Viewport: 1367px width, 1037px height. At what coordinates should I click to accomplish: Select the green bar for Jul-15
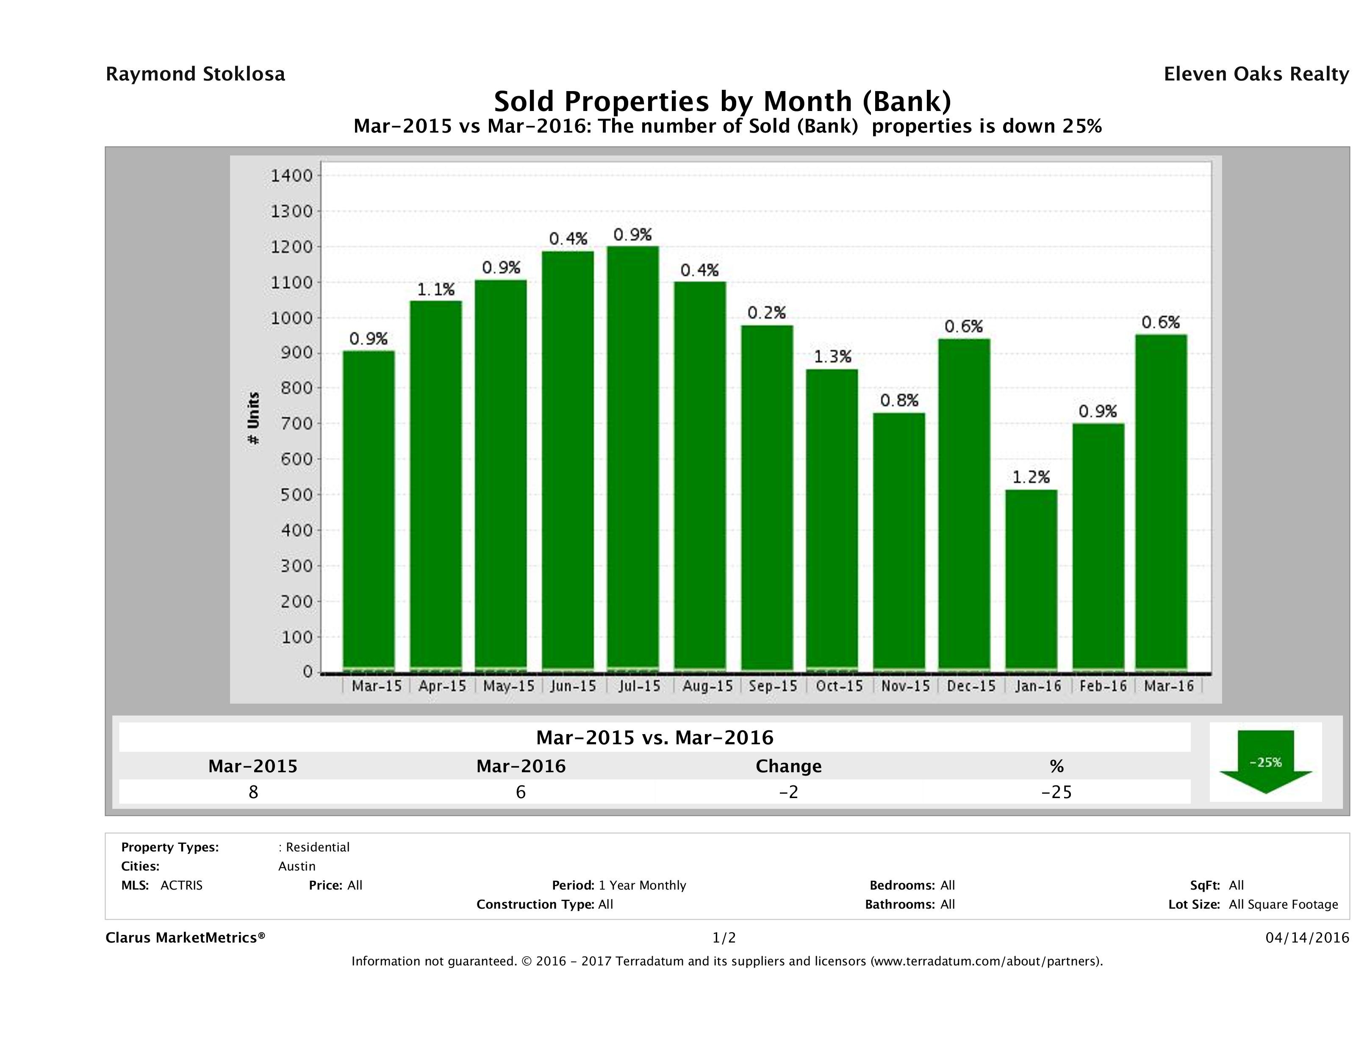pos(633,457)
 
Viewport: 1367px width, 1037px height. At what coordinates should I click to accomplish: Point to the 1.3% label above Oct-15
pos(832,357)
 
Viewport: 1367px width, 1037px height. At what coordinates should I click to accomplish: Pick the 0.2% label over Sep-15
pos(766,313)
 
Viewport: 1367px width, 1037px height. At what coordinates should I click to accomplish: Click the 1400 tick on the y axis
pos(292,176)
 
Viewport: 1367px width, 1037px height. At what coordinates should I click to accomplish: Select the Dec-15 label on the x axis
pos(971,686)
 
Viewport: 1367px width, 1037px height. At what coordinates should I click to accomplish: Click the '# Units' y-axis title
pos(253,419)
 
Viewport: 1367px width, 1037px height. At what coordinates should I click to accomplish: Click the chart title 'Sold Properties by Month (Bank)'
pos(722,101)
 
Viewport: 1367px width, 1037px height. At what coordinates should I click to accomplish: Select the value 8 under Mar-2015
pos(253,792)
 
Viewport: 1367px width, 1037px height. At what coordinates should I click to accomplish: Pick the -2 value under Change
pos(789,792)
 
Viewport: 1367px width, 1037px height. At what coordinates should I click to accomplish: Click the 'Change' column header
pos(789,766)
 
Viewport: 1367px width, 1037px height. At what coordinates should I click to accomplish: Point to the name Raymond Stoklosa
pos(195,74)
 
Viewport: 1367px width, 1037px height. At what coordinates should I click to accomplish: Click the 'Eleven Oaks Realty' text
pos(1256,74)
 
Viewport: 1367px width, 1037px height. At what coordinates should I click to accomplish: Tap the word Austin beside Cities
pos(297,866)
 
